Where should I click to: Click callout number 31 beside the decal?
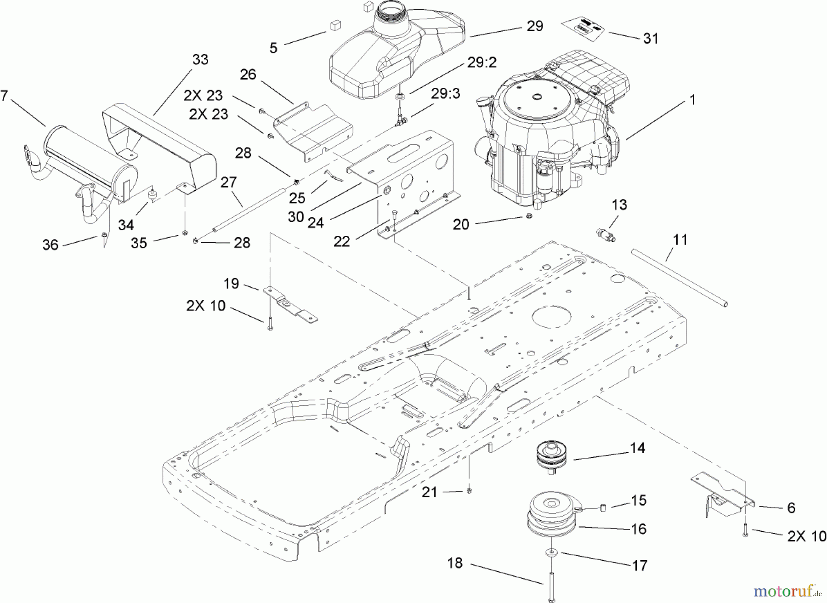click(x=651, y=39)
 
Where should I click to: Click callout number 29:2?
click(x=481, y=62)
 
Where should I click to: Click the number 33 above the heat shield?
click(x=200, y=60)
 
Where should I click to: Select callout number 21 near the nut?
click(x=430, y=492)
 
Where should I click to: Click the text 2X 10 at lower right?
click(x=806, y=536)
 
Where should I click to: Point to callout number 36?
click(x=50, y=245)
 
